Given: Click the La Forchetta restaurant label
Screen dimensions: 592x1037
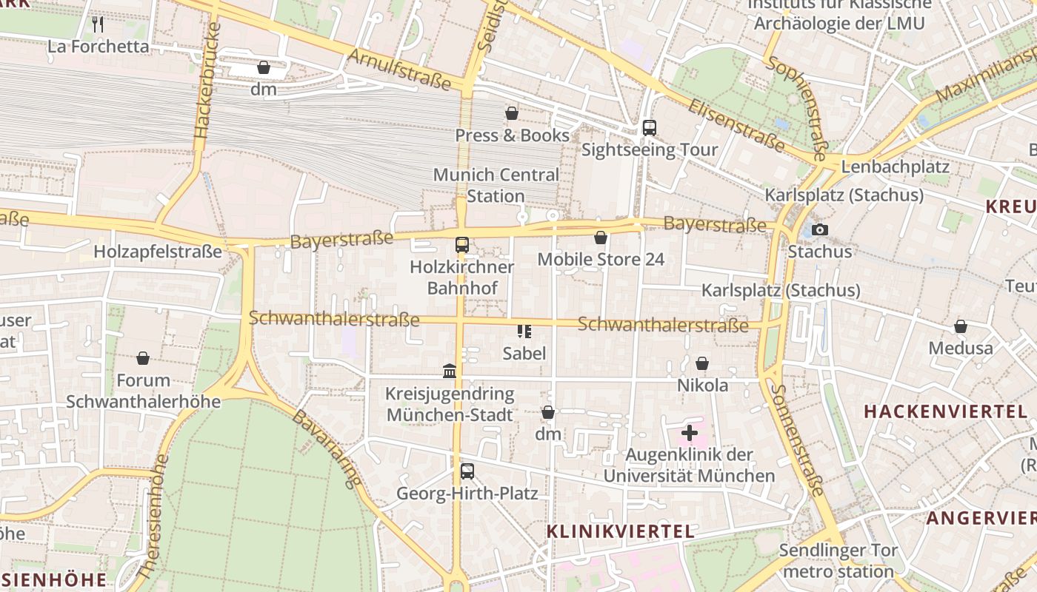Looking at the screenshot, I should click(x=99, y=47).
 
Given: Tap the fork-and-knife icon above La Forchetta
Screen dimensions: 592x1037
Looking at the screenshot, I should click(x=98, y=24).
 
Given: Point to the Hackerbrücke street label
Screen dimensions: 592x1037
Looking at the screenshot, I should click(x=208, y=81).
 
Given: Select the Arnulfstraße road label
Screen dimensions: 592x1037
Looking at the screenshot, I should click(x=399, y=69).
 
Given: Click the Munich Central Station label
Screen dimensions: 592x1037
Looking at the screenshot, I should click(x=496, y=186).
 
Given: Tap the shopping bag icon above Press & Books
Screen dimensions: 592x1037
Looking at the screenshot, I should click(x=511, y=113).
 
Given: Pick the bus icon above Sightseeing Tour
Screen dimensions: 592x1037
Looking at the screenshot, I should click(x=650, y=128).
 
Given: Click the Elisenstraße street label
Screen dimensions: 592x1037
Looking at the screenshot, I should click(x=736, y=125).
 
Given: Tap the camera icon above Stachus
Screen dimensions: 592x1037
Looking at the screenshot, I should click(x=819, y=229).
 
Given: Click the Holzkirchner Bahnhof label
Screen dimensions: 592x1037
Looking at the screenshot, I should click(x=462, y=277).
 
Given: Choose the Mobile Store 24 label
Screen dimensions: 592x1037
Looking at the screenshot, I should click(x=601, y=259).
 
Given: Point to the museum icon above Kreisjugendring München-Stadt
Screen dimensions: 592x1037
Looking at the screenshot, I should click(x=450, y=371).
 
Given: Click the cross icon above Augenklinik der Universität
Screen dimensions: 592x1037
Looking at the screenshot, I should click(x=690, y=432).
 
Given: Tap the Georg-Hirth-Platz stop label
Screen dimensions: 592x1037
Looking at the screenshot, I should click(x=467, y=493).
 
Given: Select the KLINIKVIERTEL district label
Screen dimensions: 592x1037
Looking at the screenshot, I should click(x=621, y=531).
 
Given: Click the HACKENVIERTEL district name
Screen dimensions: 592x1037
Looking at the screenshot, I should click(x=944, y=411).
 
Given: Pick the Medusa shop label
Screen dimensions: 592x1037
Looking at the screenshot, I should click(x=961, y=348).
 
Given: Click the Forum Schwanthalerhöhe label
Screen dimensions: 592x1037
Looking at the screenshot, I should click(x=144, y=391).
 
